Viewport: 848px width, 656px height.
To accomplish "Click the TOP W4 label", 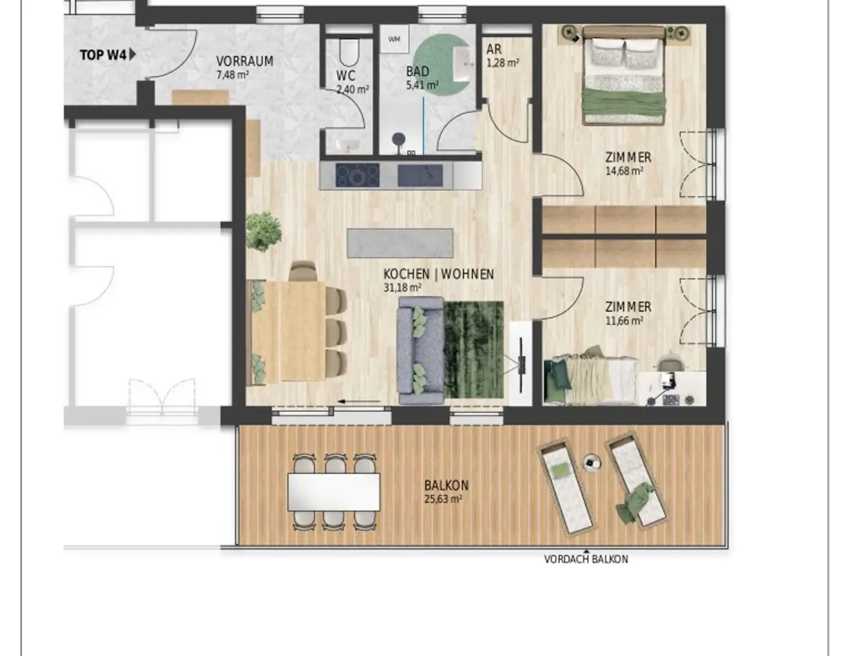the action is pos(103,55).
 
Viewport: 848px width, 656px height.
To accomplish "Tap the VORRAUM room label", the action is pos(245,61).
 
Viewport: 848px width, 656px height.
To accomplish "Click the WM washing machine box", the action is pos(394,39).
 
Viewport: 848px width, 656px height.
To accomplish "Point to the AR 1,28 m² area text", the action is pos(502,55).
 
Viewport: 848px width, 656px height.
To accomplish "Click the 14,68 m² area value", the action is pos(624,171).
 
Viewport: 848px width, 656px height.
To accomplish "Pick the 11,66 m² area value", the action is pos(624,321).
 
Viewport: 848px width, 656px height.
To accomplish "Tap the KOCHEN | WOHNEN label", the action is pos(438,274).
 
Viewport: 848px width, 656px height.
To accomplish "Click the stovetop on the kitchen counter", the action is pos(357,175).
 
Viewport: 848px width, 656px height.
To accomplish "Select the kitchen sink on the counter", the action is pos(420,175).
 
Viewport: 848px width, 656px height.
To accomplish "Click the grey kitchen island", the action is pos(400,243).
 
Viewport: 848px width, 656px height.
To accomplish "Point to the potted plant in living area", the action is pos(263,231).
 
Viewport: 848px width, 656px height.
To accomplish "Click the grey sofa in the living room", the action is pos(420,351).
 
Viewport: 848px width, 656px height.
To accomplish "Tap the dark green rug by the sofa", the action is pos(473,350).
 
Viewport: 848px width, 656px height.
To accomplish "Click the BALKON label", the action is pos(446,485).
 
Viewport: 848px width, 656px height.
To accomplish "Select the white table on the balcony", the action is pos(333,492).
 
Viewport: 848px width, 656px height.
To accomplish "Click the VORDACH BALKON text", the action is pos(586,559).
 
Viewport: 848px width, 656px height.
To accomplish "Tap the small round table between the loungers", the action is pos(592,463).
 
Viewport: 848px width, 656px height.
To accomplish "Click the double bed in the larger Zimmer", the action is pos(623,76).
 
